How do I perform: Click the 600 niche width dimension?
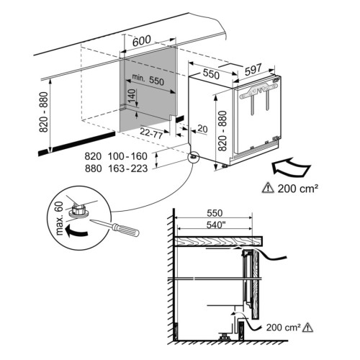(x=142, y=41)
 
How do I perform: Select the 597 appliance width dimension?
(x=253, y=70)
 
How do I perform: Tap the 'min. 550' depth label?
(x=148, y=79)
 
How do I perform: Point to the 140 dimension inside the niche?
(x=131, y=96)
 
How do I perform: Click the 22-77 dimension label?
(x=151, y=132)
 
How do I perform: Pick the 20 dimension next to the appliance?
(x=202, y=129)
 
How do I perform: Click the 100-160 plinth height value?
(x=127, y=156)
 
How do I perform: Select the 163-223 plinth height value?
(x=128, y=168)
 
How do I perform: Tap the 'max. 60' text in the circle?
(x=59, y=218)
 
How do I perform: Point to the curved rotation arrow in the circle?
(x=76, y=230)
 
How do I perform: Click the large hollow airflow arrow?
(x=291, y=166)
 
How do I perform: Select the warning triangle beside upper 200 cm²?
(x=268, y=187)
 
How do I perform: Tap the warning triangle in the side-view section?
(x=307, y=327)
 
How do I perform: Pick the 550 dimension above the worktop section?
(x=215, y=213)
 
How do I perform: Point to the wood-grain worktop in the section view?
(x=218, y=241)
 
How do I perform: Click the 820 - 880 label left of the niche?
(x=44, y=112)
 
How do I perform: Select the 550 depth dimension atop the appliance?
(x=211, y=74)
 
